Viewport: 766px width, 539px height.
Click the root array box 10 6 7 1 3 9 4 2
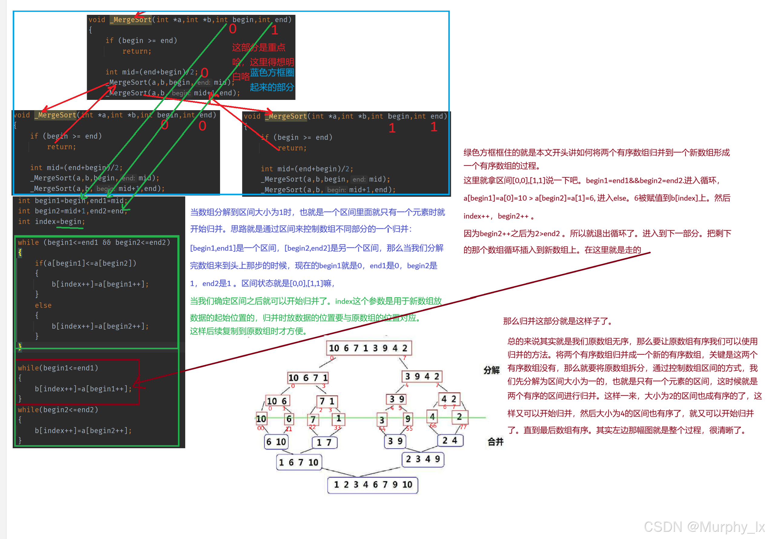coord(368,348)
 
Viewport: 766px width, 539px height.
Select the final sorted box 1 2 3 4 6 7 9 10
coord(373,484)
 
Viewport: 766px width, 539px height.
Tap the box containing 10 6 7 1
coord(308,378)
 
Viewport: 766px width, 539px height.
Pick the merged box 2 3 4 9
coord(423,459)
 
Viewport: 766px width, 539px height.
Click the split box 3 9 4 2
coord(422,376)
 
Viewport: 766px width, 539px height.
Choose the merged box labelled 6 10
coord(276,442)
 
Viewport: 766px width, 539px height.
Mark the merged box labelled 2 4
coord(450,440)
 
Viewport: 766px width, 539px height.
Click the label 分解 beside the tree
coord(491,370)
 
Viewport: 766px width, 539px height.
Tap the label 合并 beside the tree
coord(495,442)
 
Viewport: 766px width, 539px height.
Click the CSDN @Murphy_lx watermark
coord(704,527)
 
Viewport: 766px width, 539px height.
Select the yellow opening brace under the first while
coord(20,252)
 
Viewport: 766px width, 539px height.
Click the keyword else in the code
coord(43,305)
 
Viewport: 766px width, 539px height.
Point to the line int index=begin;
coord(51,222)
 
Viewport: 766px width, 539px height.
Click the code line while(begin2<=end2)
coord(58,409)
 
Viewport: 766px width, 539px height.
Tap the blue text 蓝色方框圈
coord(272,72)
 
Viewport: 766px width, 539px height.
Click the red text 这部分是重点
coord(258,47)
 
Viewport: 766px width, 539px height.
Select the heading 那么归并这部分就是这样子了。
coord(557,321)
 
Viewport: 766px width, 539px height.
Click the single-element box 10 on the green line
coord(261,418)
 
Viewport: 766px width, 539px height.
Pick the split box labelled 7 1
coord(327,401)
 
